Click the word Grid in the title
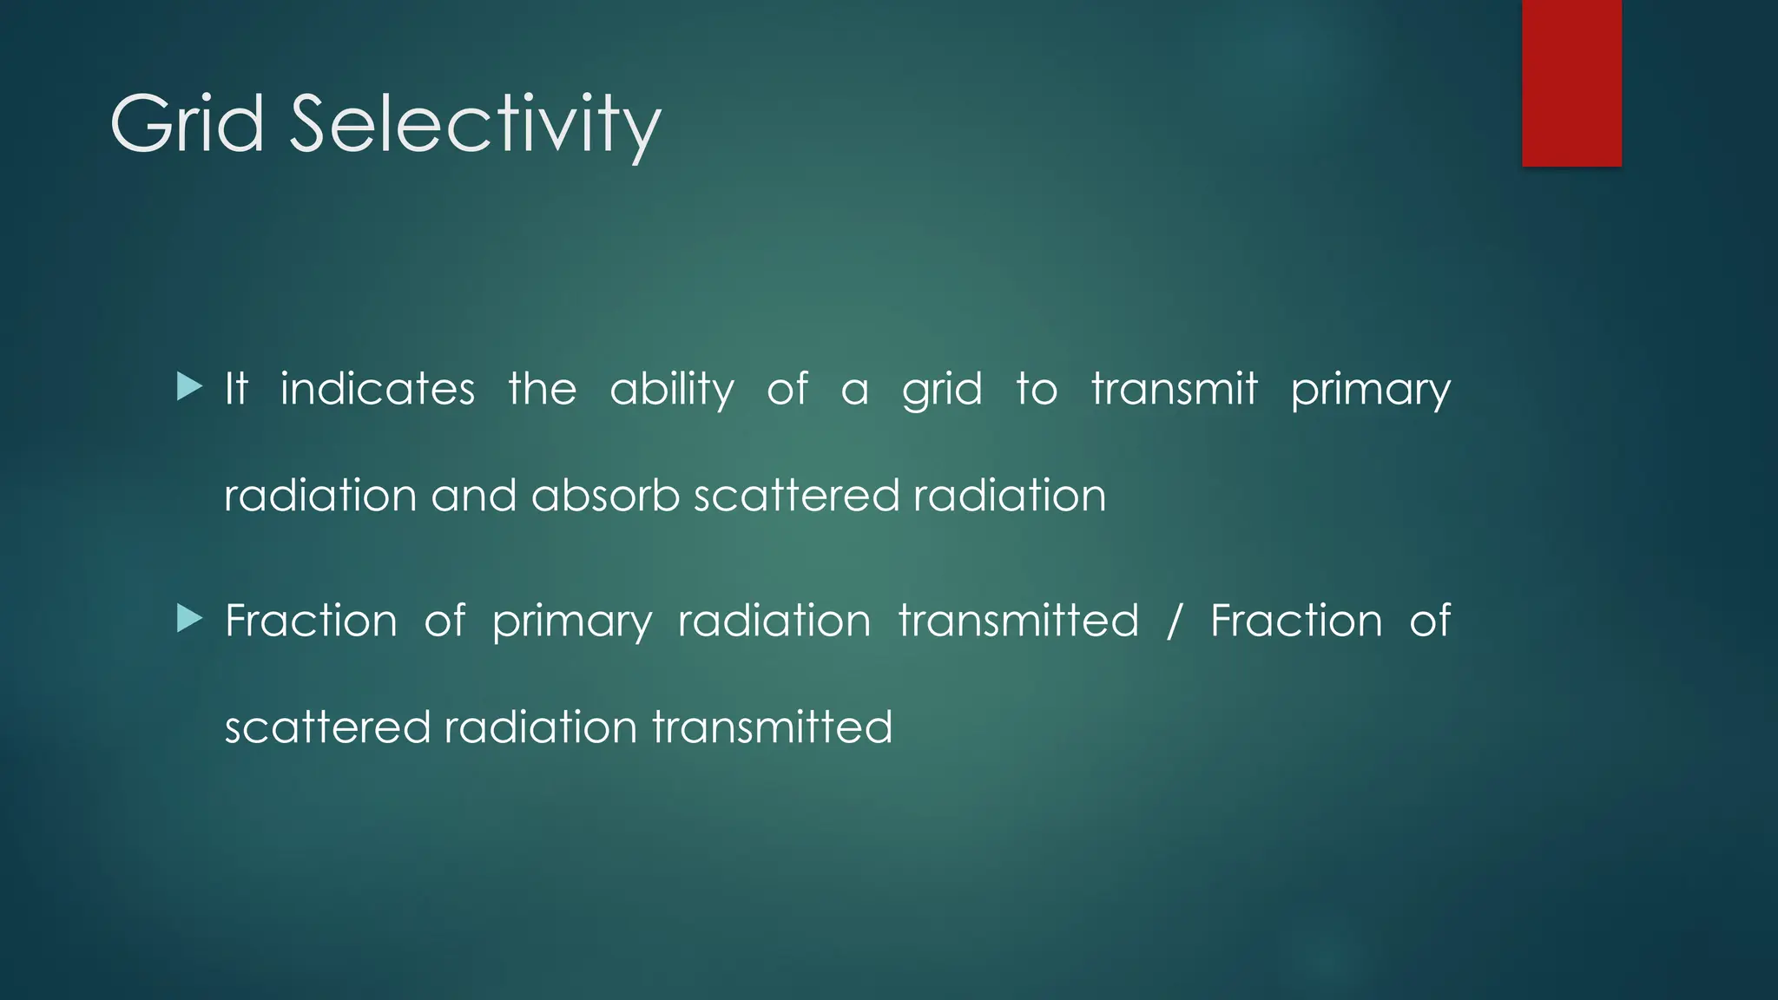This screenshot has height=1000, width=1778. (x=187, y=124)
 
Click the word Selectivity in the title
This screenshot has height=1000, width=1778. (x=475, y=126)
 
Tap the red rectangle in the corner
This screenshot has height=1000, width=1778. (x=1571, y=82)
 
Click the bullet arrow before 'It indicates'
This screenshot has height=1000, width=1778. (x=188, y=386)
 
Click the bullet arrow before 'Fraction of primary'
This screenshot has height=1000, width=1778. (x=188, y=619)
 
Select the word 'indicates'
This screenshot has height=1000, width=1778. (x=378, y=389)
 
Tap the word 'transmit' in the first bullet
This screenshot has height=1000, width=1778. (x=1174, y=389)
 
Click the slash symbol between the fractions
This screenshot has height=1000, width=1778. (x=1175, y=621)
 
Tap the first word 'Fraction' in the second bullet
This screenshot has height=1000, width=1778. (x=311, y=621)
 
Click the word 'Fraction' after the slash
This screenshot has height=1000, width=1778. (x=1296, y=621)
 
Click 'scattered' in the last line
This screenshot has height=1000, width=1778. (x=327, y=727)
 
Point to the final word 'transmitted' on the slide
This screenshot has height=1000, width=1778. (x=772, y=727)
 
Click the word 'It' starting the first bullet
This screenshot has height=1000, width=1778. (x=236, y=388)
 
